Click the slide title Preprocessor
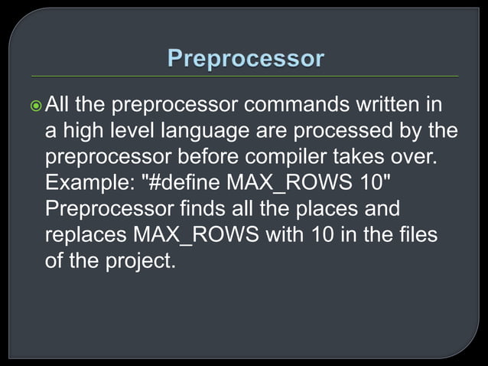point(245,59)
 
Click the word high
point(85,131)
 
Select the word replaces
point(86,235)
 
